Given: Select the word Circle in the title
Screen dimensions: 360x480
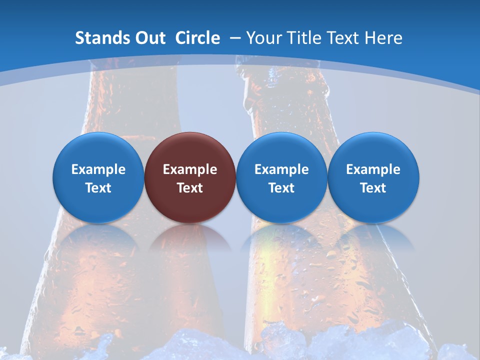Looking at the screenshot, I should pyautogui.click(x=197, y=38).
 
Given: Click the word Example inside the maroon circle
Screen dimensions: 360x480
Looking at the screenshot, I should pyautogui.click(x=190, y=169).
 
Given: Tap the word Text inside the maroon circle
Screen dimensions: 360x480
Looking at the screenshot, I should pyautogui.click(x=190, y=188).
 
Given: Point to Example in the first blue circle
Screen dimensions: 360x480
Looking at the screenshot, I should pyautogui.click(x=98, y=169).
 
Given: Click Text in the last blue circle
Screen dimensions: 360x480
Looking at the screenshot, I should pyautogui.click(x=373, y=188).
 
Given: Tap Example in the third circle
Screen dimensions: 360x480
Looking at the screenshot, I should pyautogui.click(x=281, y=169).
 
